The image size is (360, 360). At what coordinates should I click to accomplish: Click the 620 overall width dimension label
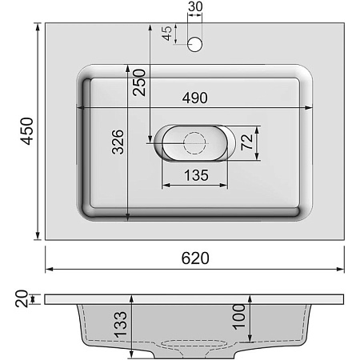pyautogui.click(x=194, y=258)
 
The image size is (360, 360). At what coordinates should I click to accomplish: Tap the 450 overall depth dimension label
pyautogui.click(x=26, y=131)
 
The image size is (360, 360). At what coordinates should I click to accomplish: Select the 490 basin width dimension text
pyautogui.click(x=194, y=98)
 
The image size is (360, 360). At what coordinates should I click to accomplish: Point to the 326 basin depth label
pyautogui.click(x=116, y=142)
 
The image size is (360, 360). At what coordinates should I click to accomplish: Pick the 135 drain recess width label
pyautogui.click(x=196, y=174)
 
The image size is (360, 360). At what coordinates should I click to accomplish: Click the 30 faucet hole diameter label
pyautogui.click(x=194, y=8)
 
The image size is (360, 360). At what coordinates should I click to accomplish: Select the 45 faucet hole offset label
pyautogui.click(x=166, y=34)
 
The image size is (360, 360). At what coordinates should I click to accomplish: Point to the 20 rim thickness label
pyautogui.click(x=22, y=298)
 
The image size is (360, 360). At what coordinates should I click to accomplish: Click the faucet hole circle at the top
pyautogui.click(x=194, y=44)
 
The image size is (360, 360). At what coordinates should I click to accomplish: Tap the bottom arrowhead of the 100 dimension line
pyautogui.click(x=251, y=338)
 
